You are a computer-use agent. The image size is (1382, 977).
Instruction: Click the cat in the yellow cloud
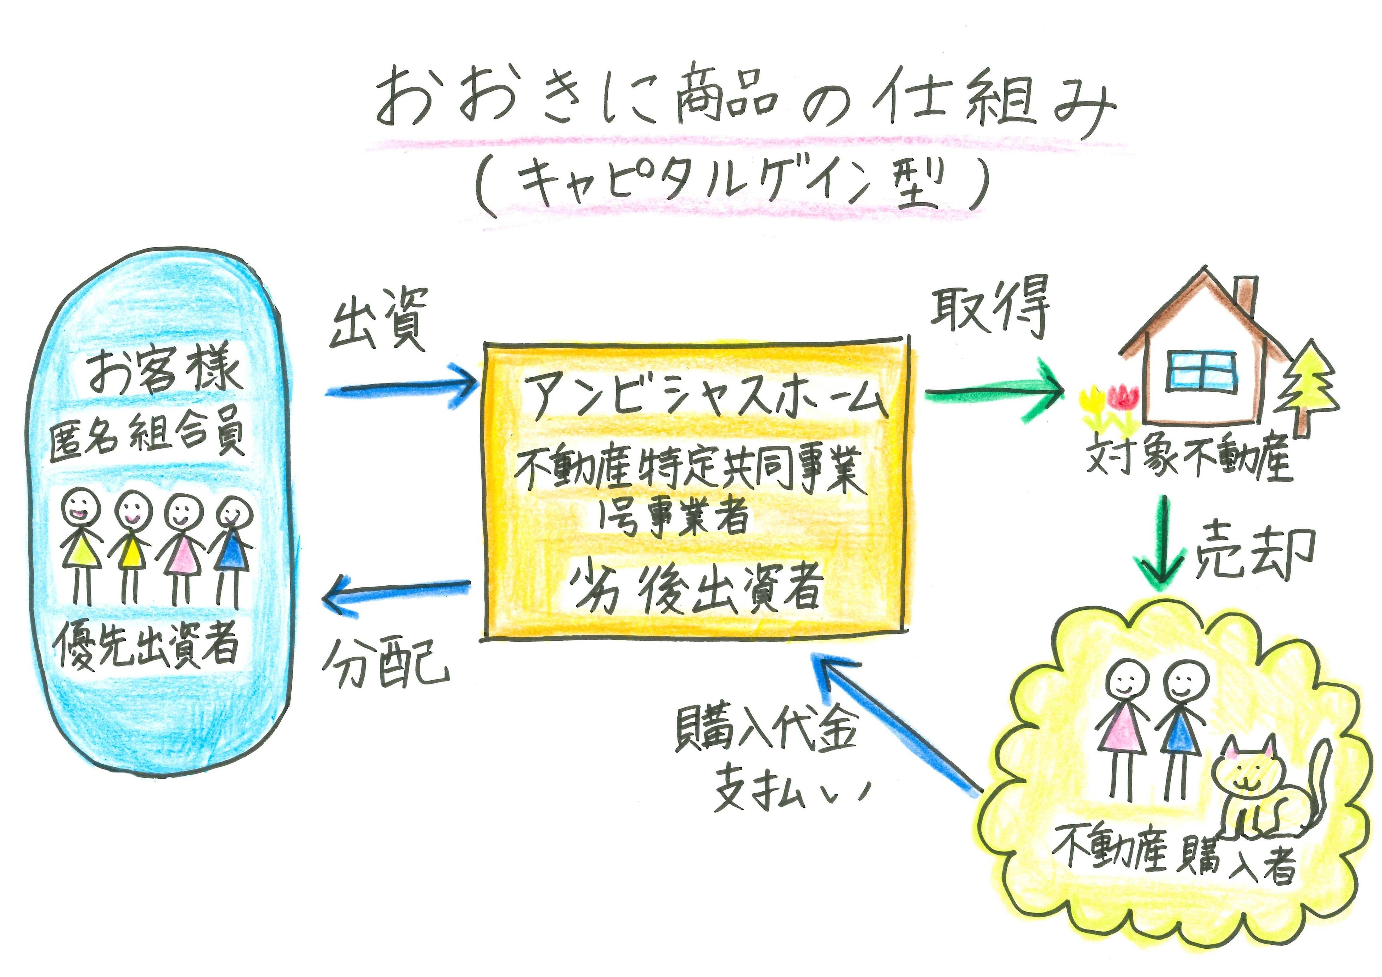click(x=1258, y=794)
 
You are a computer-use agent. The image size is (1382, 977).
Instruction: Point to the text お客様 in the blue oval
click(x=164, y=370)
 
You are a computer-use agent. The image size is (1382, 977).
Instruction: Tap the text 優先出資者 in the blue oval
click(x=147, y=644)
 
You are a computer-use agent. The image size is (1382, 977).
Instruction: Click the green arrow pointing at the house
click(x=993, y=394)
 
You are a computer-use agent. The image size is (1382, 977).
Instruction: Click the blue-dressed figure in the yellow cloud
click(x=1183, y=728)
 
